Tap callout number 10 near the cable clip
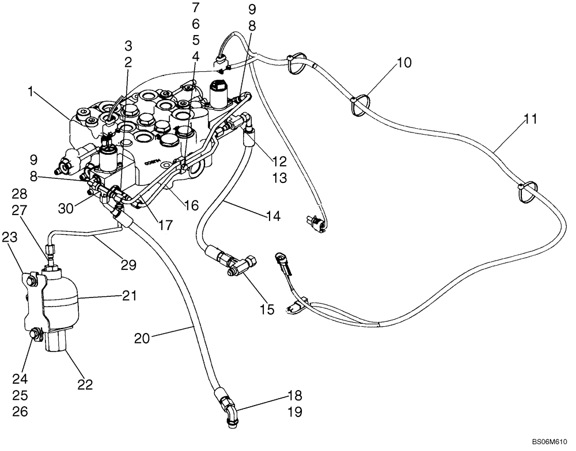(404, 63)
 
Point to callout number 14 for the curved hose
(273, 216)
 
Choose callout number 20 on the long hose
(142, 339)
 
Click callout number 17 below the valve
(165, 226)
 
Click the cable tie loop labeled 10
(359, 102)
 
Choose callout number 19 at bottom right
(294, 412)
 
